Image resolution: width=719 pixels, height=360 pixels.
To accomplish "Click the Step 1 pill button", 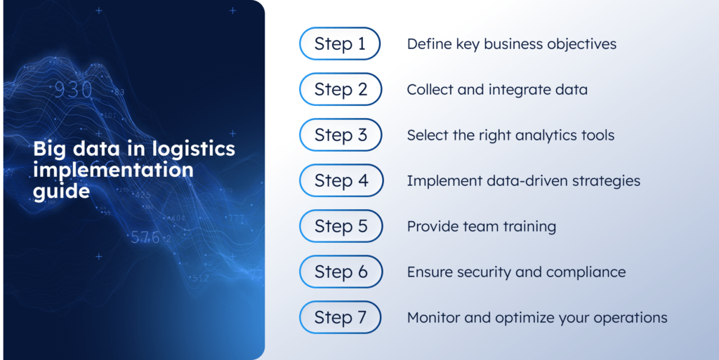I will (x=341, y=44).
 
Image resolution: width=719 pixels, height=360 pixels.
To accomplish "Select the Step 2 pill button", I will (x=341, y=90).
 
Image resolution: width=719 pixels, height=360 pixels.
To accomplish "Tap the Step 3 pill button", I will (x=341, y=135).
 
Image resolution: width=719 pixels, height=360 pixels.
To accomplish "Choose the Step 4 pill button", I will (x=341, y=181).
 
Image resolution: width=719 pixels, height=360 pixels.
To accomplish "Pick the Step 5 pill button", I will (x=341, y=226).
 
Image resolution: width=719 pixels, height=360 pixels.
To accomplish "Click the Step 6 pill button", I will (x=341, y=272).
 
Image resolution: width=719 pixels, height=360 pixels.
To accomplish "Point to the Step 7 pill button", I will (x=341, y=317).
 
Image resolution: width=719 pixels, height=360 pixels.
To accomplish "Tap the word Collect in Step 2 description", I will (x=430, y=90).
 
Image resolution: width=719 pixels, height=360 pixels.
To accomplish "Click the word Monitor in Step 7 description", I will (x=433, y=318).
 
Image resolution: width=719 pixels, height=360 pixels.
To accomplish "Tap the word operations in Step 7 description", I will (x=628, y=318).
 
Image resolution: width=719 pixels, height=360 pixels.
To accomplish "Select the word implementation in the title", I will (x=112, y=170).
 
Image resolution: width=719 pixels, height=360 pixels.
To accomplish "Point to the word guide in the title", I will (x=61, y=190).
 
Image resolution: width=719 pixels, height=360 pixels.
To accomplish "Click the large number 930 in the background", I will (x=73, y=91).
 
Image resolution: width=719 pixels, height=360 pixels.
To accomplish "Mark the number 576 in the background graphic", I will (x=145, y=237).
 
